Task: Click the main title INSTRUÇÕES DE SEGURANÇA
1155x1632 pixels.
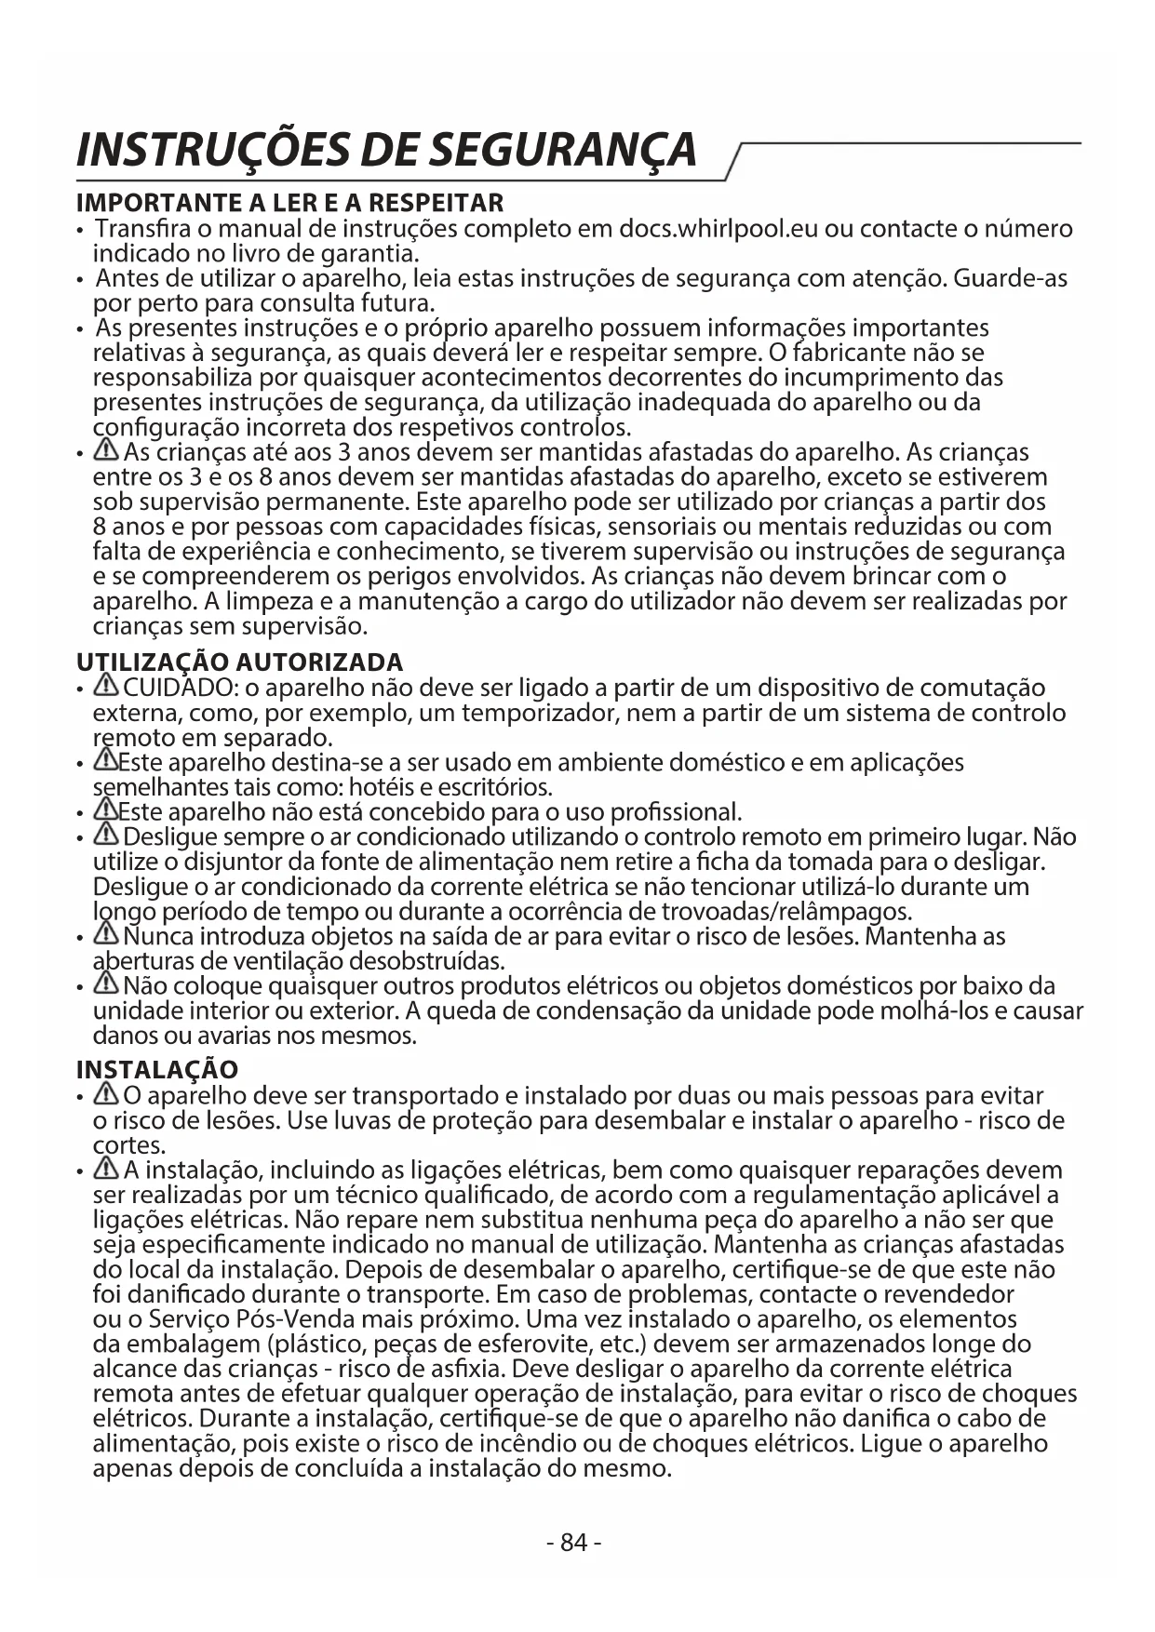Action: (386, 150)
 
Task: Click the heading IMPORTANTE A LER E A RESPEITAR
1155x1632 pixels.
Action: (289, 202)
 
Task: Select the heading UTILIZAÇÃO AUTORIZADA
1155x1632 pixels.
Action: (239, 662)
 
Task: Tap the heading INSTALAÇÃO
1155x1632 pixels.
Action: (156, 1070)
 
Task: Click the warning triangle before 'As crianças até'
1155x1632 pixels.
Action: (106, 452)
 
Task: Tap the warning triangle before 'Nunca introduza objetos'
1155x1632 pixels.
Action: (106, 934)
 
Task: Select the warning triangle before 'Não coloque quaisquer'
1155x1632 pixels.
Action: (106, 984)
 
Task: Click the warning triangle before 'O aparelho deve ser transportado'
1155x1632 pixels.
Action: (106, 1095)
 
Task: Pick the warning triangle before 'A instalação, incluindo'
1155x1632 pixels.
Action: (106, 1169)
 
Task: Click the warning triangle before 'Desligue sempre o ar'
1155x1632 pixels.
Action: (106, 836)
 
